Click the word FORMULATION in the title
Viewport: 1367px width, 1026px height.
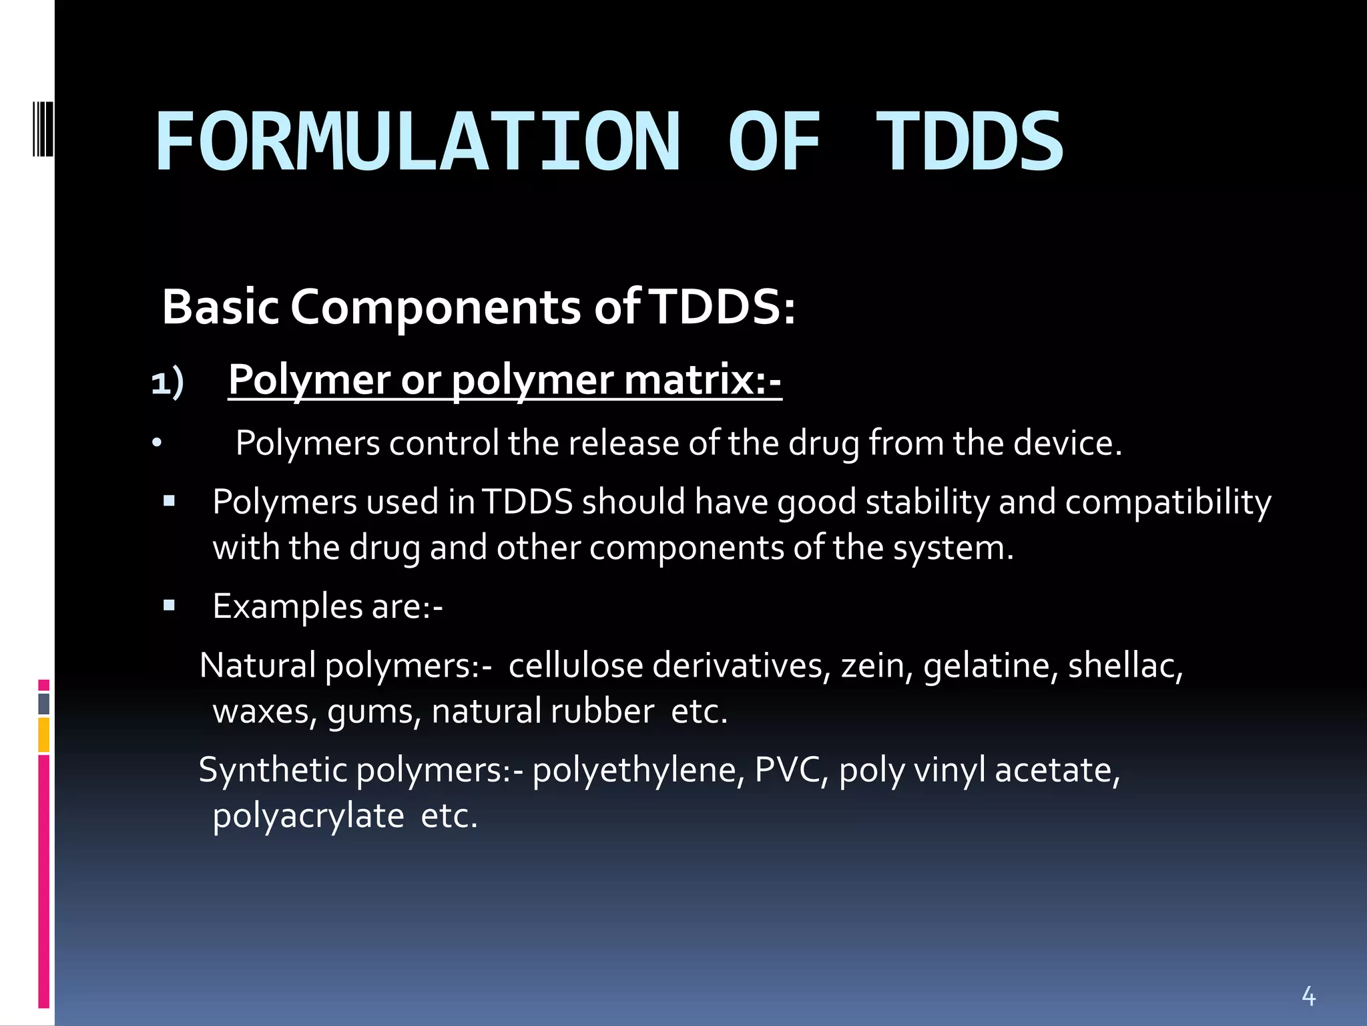[x=418, y=142]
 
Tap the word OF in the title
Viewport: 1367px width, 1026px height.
[x=774, y=142]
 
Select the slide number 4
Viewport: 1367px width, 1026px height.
[x=1308, y=996]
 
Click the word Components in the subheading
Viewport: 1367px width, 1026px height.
[x=435, y=308]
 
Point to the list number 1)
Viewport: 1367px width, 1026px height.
[x=167, y=383]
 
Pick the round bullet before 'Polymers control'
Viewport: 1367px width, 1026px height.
[x=156, y=444]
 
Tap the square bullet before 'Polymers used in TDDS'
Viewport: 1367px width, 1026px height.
[x=169, y=500]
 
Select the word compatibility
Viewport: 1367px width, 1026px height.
[x=1167, y=502]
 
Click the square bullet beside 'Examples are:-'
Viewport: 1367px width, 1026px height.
[x=169, y=605]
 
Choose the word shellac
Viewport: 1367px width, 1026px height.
[x=1124, y=666]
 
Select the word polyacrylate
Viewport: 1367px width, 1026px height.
[x=308, y=816]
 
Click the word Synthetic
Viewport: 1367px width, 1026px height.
[x=273, y=770]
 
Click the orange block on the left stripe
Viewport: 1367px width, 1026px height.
[x=44, y=735]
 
